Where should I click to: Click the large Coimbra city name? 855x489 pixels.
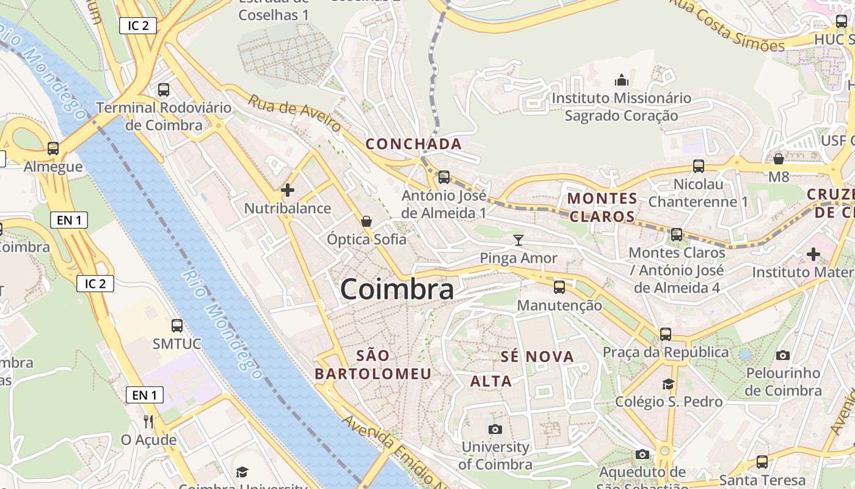click(397, 289)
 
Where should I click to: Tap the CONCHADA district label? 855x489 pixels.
click(413, 144)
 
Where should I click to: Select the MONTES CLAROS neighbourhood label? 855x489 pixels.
click(602, 207)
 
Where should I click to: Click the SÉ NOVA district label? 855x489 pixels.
click(537, 356)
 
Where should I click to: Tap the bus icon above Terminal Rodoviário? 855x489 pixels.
click(164, 90)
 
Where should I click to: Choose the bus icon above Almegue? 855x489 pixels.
click(53, 149)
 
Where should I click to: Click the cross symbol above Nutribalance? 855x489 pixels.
click(287, 190)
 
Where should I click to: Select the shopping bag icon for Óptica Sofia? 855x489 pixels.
click(366, 221)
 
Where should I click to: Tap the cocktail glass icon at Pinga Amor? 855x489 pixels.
click(518, 240)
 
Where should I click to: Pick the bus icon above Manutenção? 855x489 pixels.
click(559, 287)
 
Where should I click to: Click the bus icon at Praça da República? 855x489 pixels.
click(666, 334)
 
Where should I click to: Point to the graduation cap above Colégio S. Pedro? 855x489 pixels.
click(669, 384)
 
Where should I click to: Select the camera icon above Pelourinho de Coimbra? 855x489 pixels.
click(783, 355)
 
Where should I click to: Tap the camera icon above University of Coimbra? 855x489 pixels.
click(495, 429)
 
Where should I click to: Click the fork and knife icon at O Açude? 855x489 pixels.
click(148, 421)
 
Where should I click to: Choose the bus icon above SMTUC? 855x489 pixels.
click(177, 326)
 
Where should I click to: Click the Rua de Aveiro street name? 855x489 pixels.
click(294, 113)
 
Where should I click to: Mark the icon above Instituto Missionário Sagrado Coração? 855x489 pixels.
click(621, 80)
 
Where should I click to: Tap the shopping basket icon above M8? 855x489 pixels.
click(779, 159)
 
